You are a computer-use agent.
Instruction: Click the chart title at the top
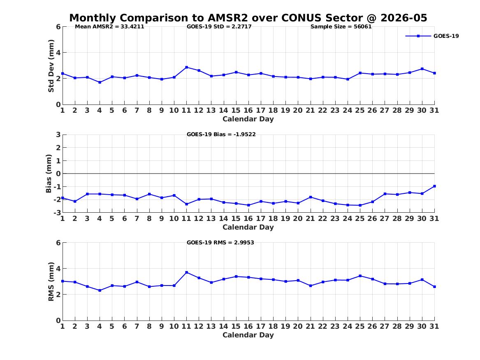tap(248, 18)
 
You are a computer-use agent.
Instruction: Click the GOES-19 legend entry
tap(432, 36)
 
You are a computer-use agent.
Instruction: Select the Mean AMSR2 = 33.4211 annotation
tap(109, 27)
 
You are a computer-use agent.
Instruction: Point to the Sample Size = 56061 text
tap(341, 27)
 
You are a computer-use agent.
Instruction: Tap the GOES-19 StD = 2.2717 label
tap(219, 27)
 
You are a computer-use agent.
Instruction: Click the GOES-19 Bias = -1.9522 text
tap(221, 134)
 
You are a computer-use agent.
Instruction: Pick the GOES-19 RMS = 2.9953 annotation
tap(220, 242)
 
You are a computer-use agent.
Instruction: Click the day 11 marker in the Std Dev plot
tap(186, 67)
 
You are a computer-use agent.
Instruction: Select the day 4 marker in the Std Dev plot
tap(100, 82)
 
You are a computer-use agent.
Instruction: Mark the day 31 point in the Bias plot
tap(434, 186)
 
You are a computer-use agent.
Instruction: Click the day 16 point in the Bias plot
tap(248, 205)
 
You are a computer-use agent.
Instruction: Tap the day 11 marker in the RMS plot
tap(186, 272)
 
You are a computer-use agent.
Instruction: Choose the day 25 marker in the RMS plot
tap(360, 276)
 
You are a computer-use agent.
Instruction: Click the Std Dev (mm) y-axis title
tap(51, 66)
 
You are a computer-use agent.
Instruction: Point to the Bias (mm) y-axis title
tap(49, 174)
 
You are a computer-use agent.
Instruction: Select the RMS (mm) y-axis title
tap(51, 282)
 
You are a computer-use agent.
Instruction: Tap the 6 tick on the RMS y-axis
tap(58, 243)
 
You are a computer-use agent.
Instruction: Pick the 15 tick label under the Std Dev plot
tap(236, 110)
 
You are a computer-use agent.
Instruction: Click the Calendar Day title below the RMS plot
tap(248, 335)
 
